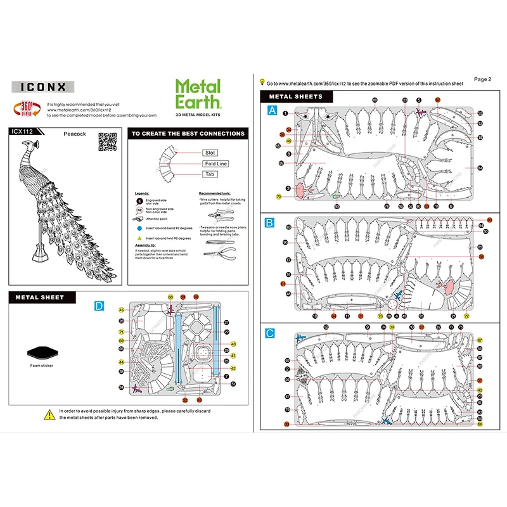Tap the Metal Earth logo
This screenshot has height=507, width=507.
click(x=198, y=94)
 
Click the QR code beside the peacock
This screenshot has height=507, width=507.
click(x=108, y=141)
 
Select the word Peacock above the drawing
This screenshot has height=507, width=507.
click(x=74, y=134)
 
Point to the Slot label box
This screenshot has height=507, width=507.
click(x=210, y=153)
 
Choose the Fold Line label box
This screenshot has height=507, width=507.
click(x=215, y=164)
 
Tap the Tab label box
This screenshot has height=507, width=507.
click(x=210, y=174)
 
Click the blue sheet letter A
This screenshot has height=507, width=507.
click(x=273, y=110)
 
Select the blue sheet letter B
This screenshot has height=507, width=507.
click(x=270, y=222)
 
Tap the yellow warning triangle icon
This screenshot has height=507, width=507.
click(x=49, y=414)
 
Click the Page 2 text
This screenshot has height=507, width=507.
click(x=482, y=79)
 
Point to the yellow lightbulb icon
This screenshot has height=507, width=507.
click(x=262, y=82)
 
